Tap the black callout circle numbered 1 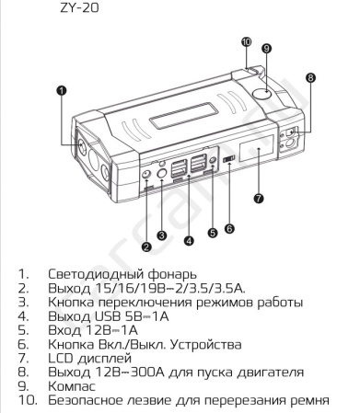63,90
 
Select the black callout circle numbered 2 146,246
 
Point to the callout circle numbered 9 265,48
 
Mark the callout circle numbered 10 246,41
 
